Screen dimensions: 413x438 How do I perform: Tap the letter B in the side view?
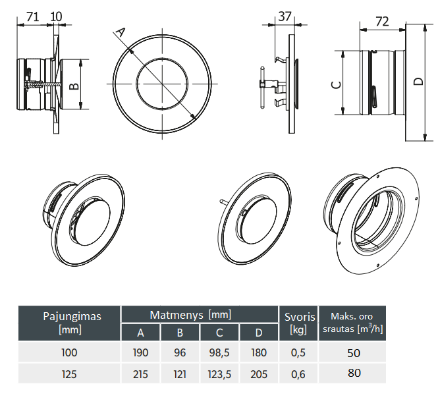[x=74, y=86]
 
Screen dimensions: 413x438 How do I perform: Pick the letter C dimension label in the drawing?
[x=335, y=84]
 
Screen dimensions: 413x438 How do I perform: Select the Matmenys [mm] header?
[x=200, y=315]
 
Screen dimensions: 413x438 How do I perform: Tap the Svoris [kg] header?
[x=298, y=322]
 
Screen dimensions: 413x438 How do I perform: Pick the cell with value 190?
[x=140, y=352]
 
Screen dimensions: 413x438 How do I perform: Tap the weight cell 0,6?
[x=298, y=374]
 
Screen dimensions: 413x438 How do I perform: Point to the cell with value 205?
[x=259, y=374]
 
